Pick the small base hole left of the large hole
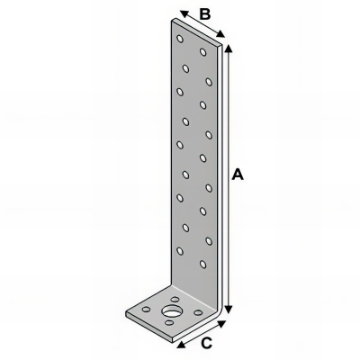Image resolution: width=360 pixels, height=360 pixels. click(x=147, y=309)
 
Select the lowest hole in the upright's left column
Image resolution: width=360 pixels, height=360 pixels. click(x=181, y=250)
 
